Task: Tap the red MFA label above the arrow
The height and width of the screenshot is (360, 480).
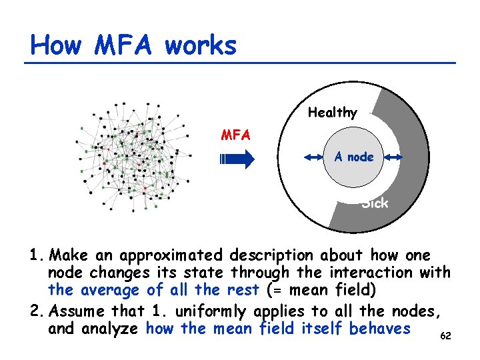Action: pyautogui.click(x=236, y=135)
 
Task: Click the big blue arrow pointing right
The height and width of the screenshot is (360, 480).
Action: pyautogui.click(x=237, y=159)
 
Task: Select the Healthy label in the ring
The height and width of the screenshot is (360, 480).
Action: pyautogui.click(x=332, y=113)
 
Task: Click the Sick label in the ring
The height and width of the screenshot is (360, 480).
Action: pyautogui.click(x=375, y=203)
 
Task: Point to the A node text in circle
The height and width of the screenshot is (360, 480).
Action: pyautogui.click(x=354, y=157)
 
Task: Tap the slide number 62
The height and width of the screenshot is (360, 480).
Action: pyautogui.click(x=446, y=335)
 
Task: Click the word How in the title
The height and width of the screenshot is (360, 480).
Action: pyautogui.click(x=56, y=45)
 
